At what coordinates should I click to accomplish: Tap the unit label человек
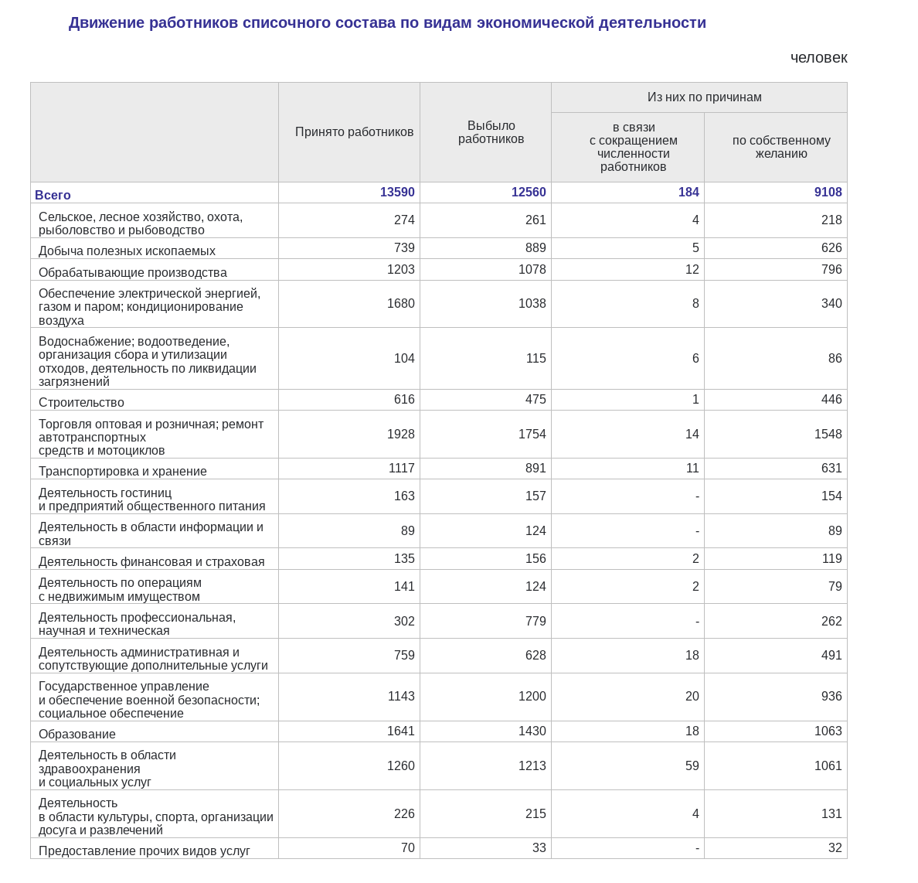(x=818, y=57)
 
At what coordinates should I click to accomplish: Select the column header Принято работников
(x=354, y=132)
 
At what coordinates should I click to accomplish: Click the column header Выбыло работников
(x=491, y=132)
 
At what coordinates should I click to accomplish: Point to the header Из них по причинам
(x=704, y=97)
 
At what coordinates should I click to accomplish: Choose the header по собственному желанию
(x=781, y=147)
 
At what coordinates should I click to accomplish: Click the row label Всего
(x=53, y=195)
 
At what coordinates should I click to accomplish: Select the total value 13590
(x=397, y=193)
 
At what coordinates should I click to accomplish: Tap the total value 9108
(x=828, y=193)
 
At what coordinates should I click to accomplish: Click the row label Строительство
(x=81, y=402)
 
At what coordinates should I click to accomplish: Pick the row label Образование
(x=77, y=734)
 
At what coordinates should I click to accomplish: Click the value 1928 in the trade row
(x=400, y=435)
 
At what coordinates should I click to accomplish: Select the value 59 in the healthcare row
(x=692, y=766)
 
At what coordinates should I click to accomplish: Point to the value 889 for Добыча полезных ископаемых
(x=535, y=248)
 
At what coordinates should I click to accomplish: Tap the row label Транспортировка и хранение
(x=123, y=471)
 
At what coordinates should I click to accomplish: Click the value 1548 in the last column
(x=828, y=435)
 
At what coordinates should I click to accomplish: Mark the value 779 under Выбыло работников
(x=535, y=622)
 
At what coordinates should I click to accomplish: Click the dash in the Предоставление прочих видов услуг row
(x=697, y=848)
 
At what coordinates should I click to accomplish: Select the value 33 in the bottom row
(x=539, y=848)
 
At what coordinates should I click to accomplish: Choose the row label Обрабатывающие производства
(x=133, y=272)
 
